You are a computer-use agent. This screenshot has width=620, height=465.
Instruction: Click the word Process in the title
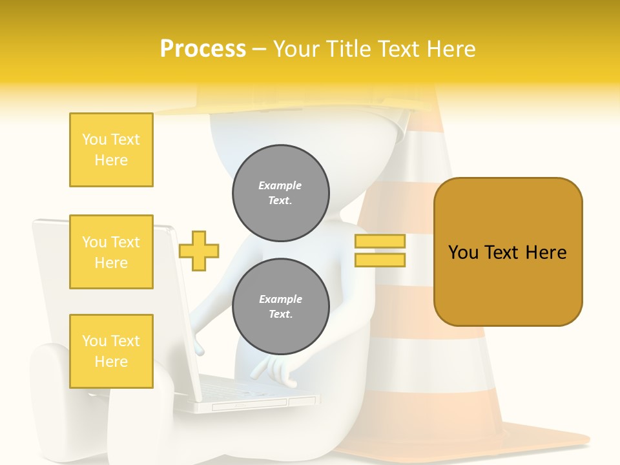point(203,49)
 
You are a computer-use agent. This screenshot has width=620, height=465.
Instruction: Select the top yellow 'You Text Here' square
point(111,150)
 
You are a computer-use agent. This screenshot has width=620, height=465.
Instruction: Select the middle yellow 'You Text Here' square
point(111,252)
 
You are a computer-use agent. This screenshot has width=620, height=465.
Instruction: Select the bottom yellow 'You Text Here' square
point(111,351)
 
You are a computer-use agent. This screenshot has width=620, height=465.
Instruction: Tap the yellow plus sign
point(199,250)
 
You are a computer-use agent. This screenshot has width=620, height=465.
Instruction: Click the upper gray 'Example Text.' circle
point(280,193)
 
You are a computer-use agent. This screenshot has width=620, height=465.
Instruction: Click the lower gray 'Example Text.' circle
point(280,307)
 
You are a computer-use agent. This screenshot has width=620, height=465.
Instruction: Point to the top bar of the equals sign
point(380,242)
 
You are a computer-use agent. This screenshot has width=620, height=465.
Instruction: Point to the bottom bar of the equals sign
point(380,260)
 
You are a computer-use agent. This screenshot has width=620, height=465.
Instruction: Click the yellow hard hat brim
point(291,107)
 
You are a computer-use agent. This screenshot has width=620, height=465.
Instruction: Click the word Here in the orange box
point(546,253)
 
